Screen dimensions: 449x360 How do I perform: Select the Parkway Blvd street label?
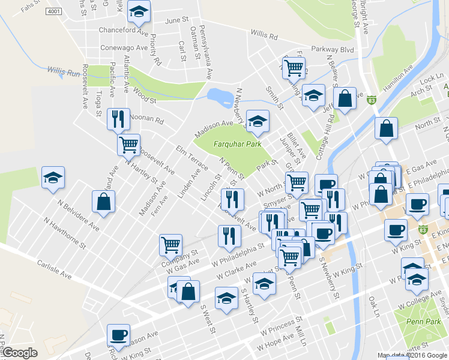pyautogui.click(x=332, y=49)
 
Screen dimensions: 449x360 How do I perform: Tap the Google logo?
pyautogui.click(x=20, y=353)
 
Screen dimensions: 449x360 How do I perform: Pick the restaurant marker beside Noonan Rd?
pyautogui.click(x=117, y=119)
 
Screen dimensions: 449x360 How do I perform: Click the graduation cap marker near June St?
pyautogui.click(x=139, y=11)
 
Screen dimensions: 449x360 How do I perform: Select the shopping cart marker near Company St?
pyautogui.click(x=170, y=244)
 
